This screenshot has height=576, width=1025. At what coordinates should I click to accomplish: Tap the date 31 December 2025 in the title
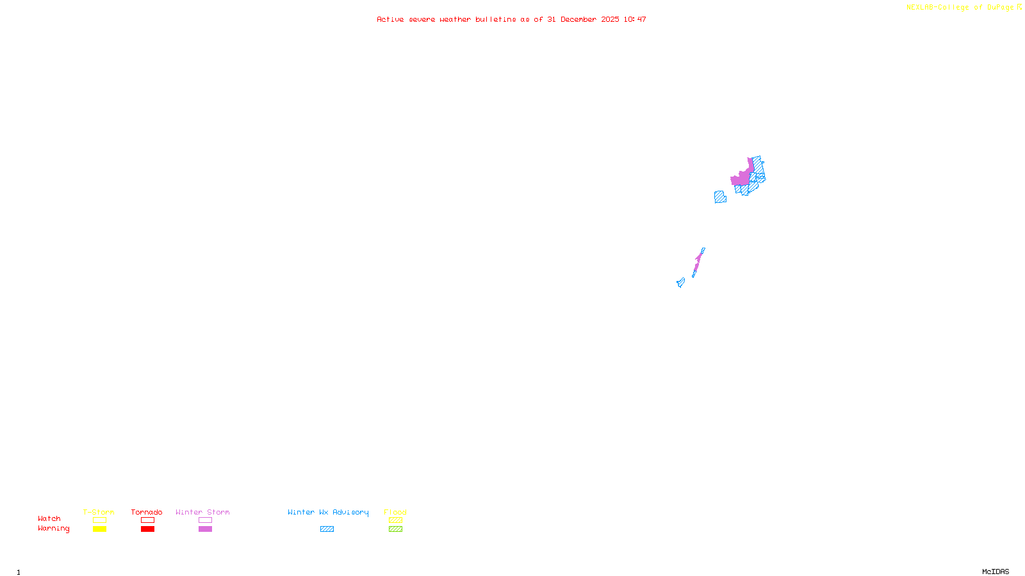point(583,20)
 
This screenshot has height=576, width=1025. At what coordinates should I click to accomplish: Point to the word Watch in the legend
point(49,519)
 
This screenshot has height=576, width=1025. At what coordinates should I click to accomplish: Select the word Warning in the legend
point(53,529)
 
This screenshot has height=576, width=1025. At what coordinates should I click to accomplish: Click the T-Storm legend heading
point(99,512)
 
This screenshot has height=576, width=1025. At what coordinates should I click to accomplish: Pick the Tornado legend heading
point(147,512)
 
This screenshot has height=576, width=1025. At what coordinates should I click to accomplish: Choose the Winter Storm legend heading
point(202,512)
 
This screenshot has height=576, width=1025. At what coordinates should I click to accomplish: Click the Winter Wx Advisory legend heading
point(328,512)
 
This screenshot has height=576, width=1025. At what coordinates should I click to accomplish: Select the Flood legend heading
point(395,512)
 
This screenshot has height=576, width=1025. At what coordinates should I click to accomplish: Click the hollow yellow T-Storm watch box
point(99,520)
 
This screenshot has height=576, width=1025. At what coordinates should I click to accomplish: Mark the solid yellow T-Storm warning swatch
point(99,529)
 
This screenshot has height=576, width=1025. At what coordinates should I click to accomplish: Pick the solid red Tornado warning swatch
point(147,529)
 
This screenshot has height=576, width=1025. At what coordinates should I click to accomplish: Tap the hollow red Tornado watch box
point(147,520)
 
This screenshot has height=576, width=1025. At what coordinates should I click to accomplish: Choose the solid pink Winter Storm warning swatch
point(205,529)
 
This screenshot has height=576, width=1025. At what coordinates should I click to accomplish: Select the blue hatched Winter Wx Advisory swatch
point(327,529)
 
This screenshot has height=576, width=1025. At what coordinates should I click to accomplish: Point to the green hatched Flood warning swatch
point(395,529)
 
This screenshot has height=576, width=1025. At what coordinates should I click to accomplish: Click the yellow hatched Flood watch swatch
point(395,520)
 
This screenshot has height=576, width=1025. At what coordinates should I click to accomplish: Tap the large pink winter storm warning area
point(742,178)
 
